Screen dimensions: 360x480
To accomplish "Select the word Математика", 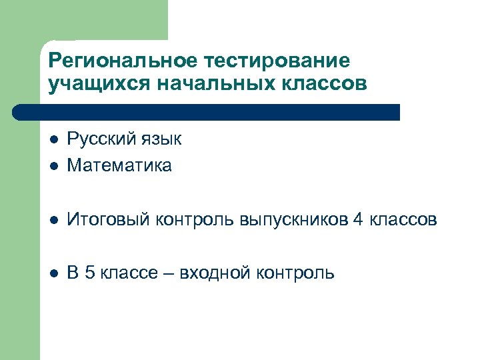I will (119, 165).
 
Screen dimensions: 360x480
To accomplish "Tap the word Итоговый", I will (109, 220).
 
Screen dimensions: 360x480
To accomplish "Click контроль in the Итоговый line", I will (197, 220).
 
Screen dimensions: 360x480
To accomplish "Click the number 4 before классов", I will (359, 219).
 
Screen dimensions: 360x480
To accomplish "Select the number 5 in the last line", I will (90, 273).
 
